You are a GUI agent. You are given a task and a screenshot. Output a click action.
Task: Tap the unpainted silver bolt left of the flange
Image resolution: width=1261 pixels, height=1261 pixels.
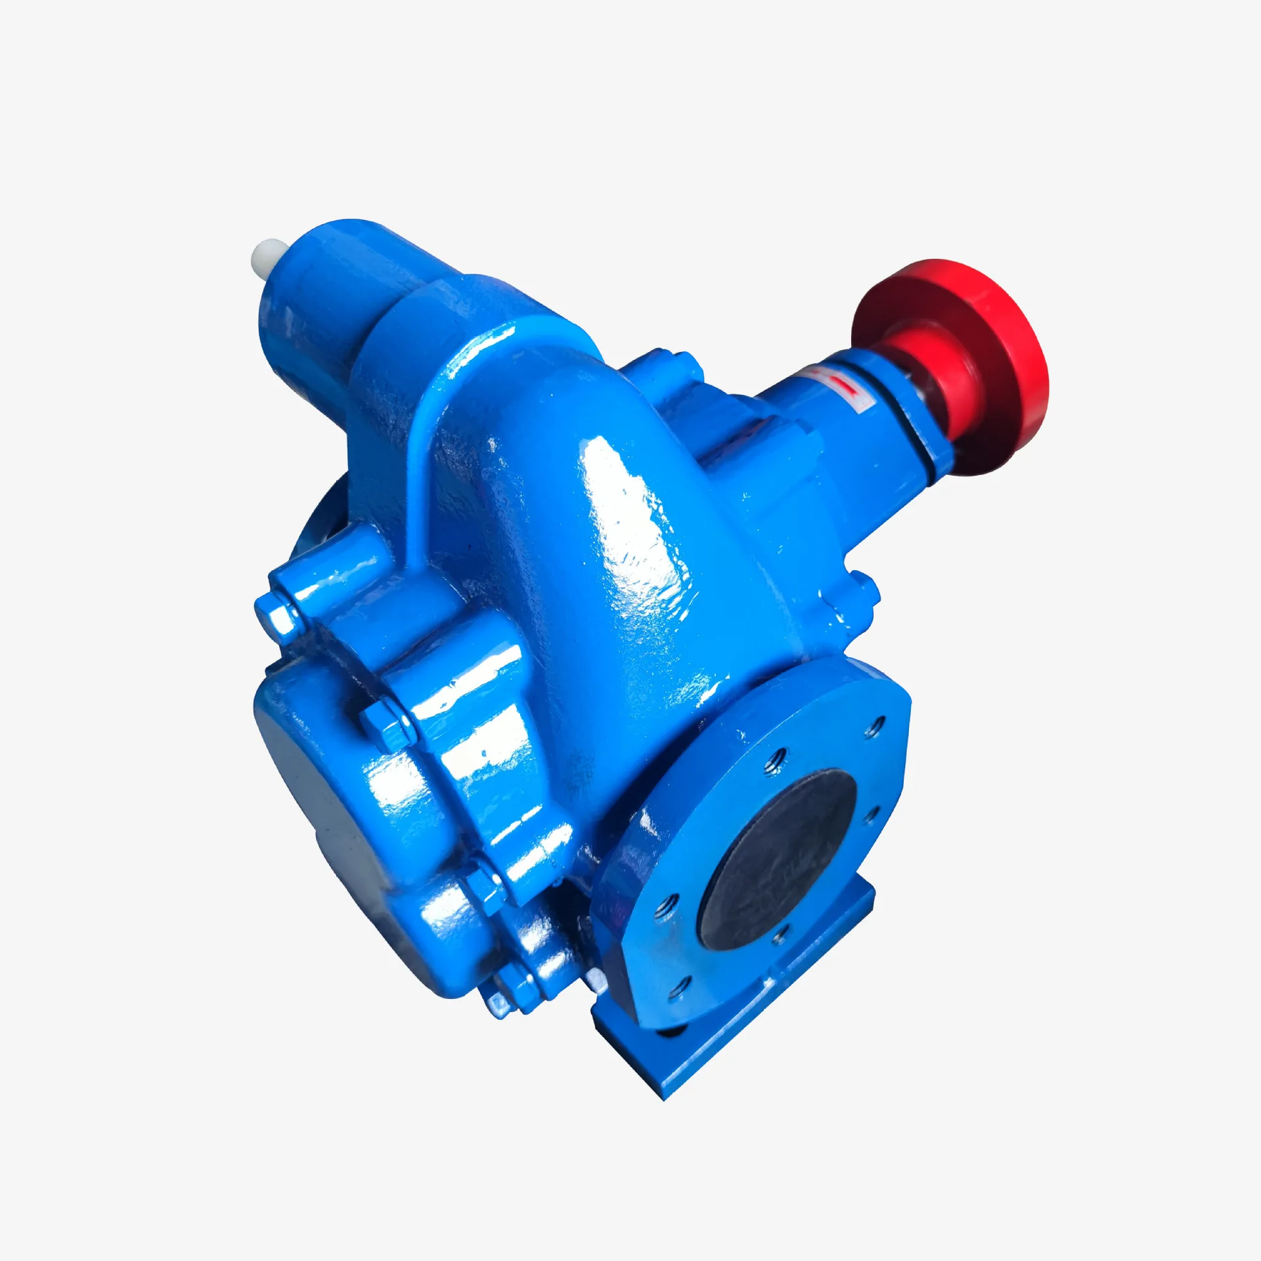click(598, 982)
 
